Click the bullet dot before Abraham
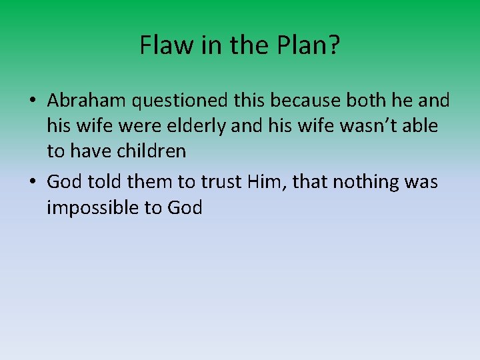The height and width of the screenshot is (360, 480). [x=33, y=101]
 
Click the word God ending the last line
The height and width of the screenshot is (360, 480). [x=185, y=207]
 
